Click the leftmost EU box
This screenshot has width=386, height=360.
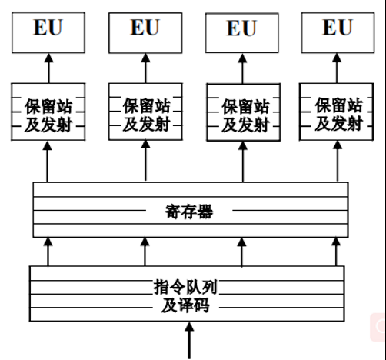pyautogui.click(x=48, y=32)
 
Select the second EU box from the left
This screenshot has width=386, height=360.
pyautogui.click(x=145, y=33)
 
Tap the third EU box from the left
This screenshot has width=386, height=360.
pyautogui.click(x=241, y=33)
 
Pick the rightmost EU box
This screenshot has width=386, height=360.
pyautogui.click(x=338, y=32)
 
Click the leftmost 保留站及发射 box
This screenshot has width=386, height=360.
pyautogui.click(x=48, y=112)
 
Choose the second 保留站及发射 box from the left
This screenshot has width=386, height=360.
pyautogui.click(x=145, y=112)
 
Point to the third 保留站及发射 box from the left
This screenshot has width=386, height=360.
pyautogui.click(x=243, y=112)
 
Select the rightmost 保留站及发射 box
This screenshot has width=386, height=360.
pyautogui.click(x=336, y=112)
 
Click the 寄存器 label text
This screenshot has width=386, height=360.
pyautogui.click(x=189, y=212)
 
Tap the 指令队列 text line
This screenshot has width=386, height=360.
pyautogui.click(x=185, y=287)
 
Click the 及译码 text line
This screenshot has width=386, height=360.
pyautogui.click(x=185, y=305)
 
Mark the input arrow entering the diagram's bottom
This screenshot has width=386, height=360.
pyautogui.click(x=189, y=341)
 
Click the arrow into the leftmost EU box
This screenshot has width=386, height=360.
pyautogui.click(x=48, y=68)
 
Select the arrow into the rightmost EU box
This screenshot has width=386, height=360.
pyautogui.click(x=337, y=68)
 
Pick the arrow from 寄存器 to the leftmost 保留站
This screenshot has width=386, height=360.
pyautogui.click(x=47, y=162)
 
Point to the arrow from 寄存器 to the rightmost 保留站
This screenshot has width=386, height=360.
pyautogui.click(x=338, y=162)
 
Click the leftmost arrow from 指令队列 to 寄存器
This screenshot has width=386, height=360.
pyautogui.click(x=48, y=252)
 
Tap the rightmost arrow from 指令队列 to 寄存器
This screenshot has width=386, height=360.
pyautogui.click(x=336, y=252)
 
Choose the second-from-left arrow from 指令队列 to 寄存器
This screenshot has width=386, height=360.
pyautogui.click(x=145, y=252)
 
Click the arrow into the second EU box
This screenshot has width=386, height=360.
pyautogui.click(x=146, y=68)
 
